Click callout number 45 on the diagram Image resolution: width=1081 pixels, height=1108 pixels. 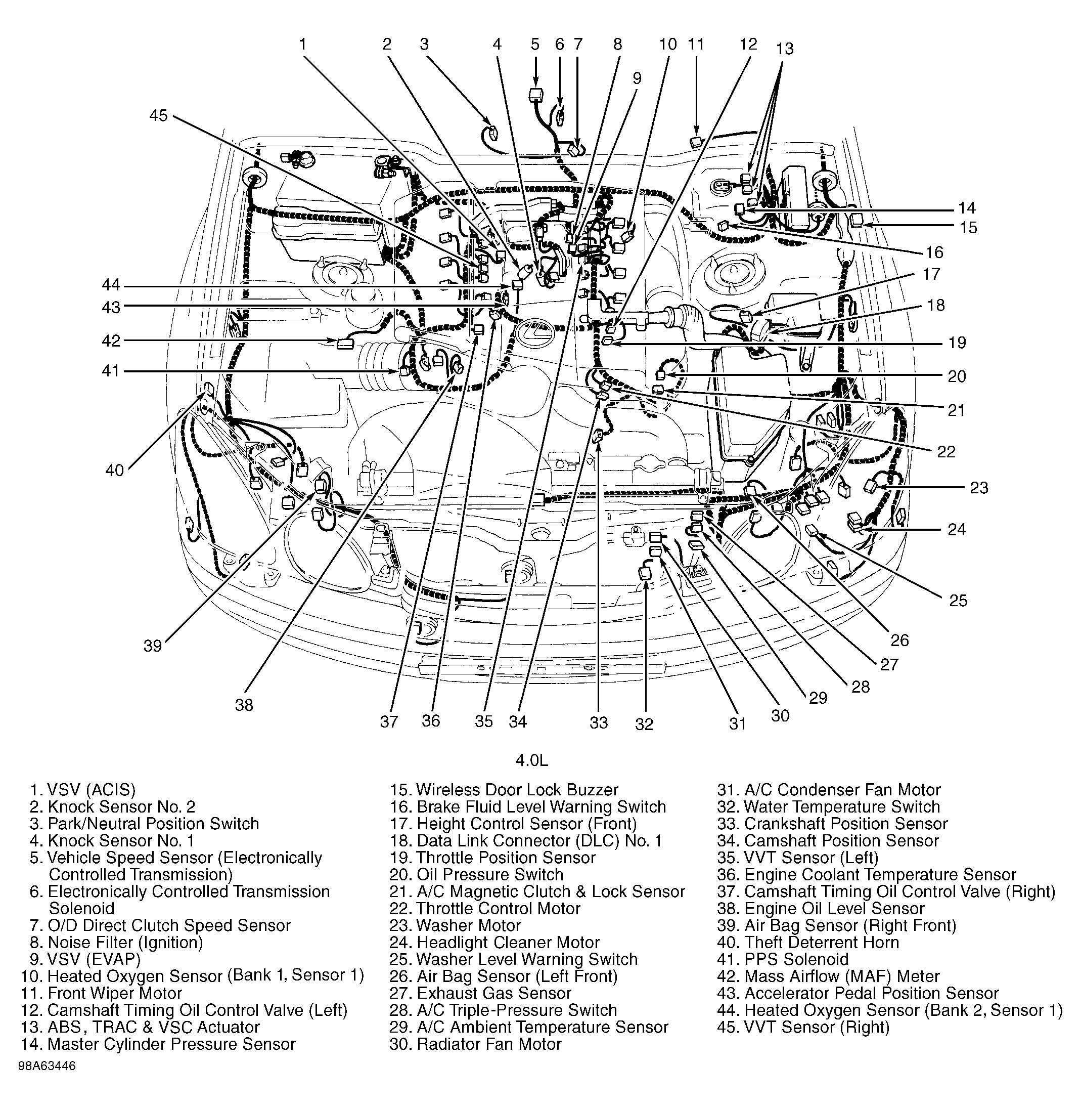click(158, 115)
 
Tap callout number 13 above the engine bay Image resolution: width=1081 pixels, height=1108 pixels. click(785, 49)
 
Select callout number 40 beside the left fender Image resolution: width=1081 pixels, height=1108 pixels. click(114, 470)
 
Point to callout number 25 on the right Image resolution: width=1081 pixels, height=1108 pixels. click(958, 601)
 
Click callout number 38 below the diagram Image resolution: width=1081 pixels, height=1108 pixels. click(244, 705)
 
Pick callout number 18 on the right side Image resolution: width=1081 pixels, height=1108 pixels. click(936, 305)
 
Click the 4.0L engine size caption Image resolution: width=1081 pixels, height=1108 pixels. click(532, 760)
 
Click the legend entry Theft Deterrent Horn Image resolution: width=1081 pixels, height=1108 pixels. click(822, 942)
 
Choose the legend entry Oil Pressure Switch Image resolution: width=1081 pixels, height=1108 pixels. click(489, 874)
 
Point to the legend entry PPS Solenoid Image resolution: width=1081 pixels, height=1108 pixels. click(796, 959)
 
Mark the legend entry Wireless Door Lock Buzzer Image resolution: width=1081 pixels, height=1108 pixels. click(517, 790)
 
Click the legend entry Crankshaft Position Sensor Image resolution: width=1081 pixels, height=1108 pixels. click(845, 824)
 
